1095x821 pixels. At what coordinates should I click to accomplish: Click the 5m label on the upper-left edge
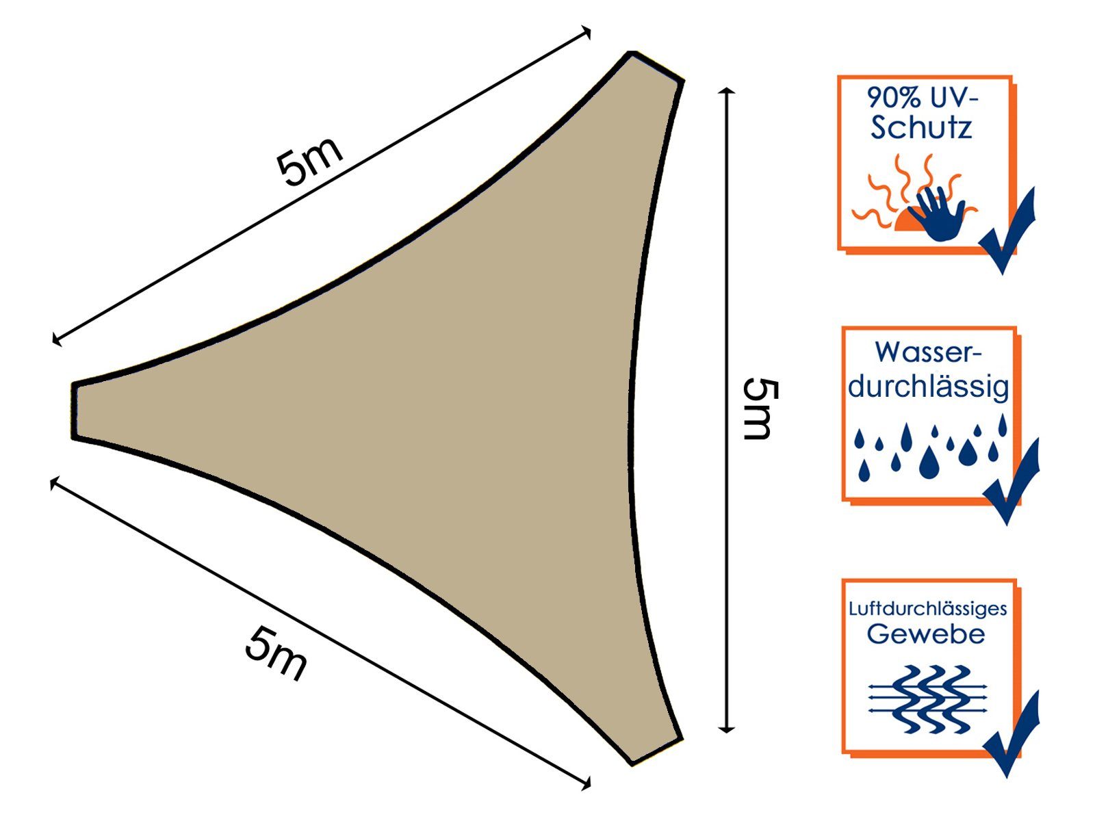tap(309, 161)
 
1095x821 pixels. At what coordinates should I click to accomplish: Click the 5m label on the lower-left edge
tap(275, 653)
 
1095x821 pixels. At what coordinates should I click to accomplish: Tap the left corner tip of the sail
tap(73, 411)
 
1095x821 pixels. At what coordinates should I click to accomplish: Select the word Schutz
tap(921, 128)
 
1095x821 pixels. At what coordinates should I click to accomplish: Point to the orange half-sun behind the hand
tap(905, 222)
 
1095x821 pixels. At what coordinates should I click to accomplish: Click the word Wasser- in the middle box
tap(928, 352)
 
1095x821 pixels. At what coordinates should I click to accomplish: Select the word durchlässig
tap(929, 387)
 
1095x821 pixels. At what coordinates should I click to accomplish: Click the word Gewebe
tap(926, 634)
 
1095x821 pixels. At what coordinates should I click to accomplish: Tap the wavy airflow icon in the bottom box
tap(928, 699)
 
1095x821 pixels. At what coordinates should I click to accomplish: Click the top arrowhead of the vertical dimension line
tap(727, 92)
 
